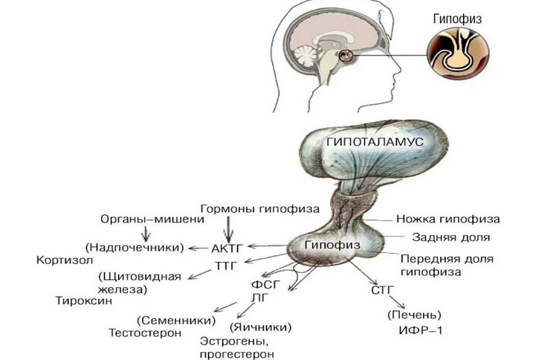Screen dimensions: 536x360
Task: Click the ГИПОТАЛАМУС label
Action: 375,141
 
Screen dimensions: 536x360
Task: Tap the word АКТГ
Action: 227,248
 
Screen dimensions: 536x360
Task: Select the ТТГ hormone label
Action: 226,266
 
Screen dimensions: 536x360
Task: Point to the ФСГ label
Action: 265,284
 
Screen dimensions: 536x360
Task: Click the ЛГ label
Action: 260,298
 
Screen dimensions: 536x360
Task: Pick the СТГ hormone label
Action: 383,290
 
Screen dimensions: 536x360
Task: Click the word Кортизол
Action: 65,260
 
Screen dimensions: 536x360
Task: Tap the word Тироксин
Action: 84,300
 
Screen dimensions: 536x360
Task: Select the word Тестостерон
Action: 145,332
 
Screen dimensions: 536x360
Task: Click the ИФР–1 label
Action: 421,330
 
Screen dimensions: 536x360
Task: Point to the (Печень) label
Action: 414,315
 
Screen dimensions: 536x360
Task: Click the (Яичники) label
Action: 261,327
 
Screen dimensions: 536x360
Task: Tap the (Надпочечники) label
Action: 135,247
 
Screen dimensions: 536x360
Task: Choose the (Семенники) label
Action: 176,321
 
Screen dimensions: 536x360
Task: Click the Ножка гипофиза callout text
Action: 448,219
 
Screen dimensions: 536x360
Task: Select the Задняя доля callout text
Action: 451,237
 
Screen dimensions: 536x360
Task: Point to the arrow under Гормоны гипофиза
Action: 228,229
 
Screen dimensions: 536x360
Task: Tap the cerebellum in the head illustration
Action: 305,56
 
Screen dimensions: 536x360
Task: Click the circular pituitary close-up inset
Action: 458,54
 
